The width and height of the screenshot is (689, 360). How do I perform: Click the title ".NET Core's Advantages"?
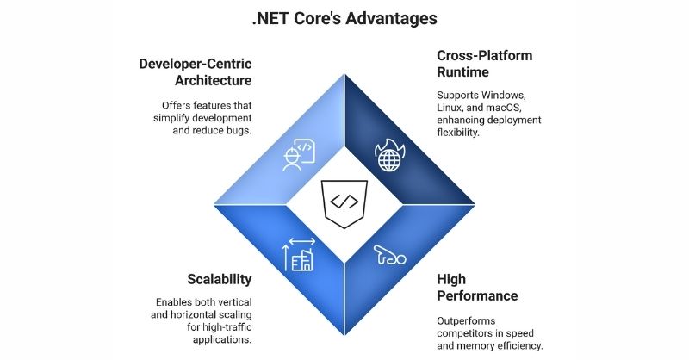click(344, 17)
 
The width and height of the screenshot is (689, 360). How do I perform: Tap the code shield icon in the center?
click(344, 203)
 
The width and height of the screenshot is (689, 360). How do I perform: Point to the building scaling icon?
click(298, 251)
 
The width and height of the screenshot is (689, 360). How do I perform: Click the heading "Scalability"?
click(220, 279)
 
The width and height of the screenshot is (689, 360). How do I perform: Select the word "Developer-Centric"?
click(196, 62)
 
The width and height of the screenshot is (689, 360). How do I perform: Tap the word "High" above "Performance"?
click(452, 279)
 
